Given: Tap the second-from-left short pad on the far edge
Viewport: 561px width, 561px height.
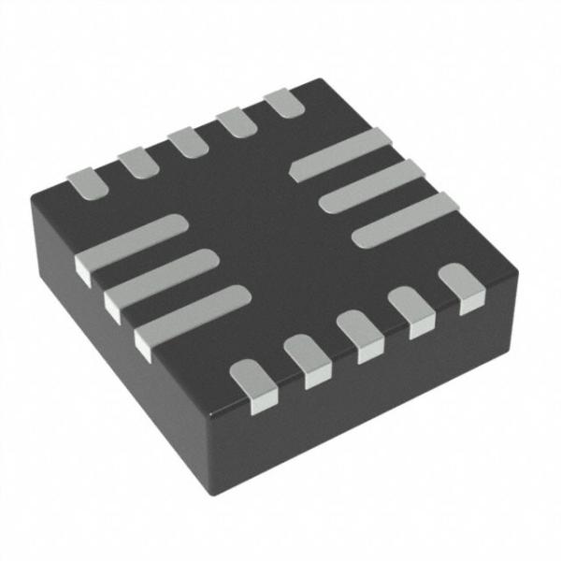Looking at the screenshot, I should click(137, 162).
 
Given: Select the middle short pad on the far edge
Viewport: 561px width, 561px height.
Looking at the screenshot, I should click(187, 142).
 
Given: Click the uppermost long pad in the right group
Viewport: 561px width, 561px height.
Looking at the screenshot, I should click(341, 155).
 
